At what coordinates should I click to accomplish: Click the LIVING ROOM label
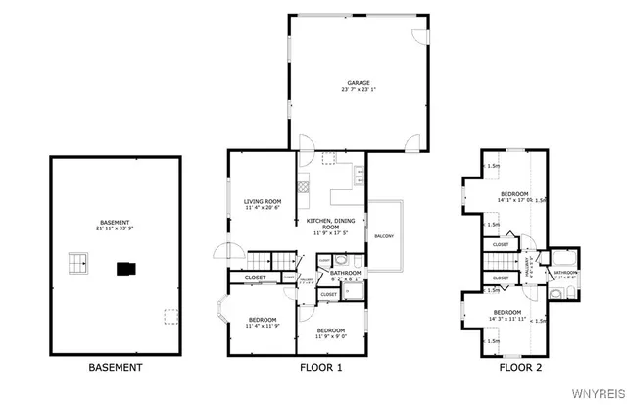pos(263,201)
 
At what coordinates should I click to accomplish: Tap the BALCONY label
pos(384,236)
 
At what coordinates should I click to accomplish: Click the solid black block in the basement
pos(124,266)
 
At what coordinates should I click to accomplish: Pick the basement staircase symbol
pos(77,262)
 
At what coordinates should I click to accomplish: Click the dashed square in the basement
pos(170,316)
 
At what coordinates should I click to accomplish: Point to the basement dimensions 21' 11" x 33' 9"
pos(115,228)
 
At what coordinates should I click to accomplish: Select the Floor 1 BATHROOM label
pos(345,272)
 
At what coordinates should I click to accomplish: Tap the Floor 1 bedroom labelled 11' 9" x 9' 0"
pos(330,332)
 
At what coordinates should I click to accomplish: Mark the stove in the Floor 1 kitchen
pos(303,182)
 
